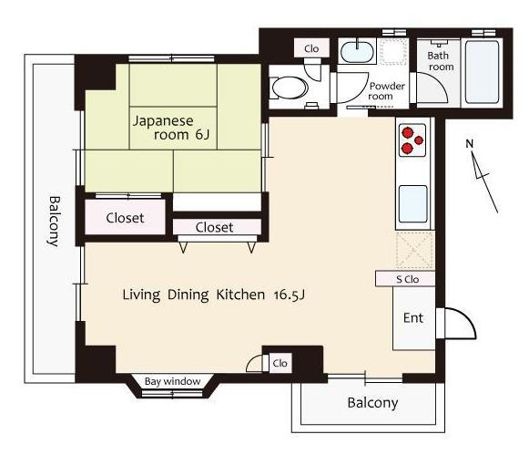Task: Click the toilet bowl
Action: click(290, 88)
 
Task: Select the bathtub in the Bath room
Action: click(482, 72)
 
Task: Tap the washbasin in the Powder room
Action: click(357, 51)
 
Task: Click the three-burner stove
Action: click(412, 140)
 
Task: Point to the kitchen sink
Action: click(413, 203)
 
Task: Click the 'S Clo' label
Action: click(408, 279)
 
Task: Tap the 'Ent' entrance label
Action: click(413, 318)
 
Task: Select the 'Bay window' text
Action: click(172, 381)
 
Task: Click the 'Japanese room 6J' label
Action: click(171, 128)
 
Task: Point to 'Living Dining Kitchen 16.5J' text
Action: click(214, 295)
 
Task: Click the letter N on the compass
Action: click(470, 144)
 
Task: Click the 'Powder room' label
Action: click(385, 91)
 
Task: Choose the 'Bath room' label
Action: click(441, 61)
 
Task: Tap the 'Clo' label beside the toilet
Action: click(311, 48)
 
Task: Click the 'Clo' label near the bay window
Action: click(280, 363)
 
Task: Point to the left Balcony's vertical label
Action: click(54, 222)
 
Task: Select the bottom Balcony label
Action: click(372, 403)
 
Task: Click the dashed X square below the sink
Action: click(414, 251)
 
